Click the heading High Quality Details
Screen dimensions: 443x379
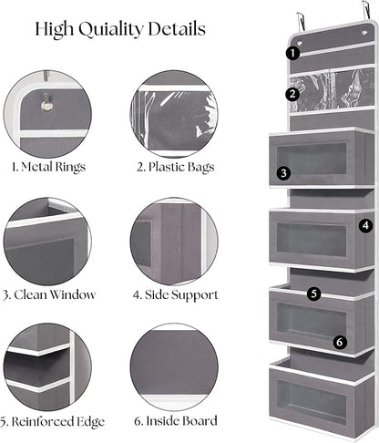[120, 28]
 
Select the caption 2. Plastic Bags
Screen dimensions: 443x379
[173, 168]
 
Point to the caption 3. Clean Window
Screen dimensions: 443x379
[48, 294]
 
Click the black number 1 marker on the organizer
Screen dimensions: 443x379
[292, 53]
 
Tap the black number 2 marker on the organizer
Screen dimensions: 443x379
[292, 93]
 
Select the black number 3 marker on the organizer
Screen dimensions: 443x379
[284, 171]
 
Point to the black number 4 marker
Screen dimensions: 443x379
[365, 224]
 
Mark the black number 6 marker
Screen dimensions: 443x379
[340, 342]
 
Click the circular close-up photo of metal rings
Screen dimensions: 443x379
[47, 112]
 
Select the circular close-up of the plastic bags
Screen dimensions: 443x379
[173, 112]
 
